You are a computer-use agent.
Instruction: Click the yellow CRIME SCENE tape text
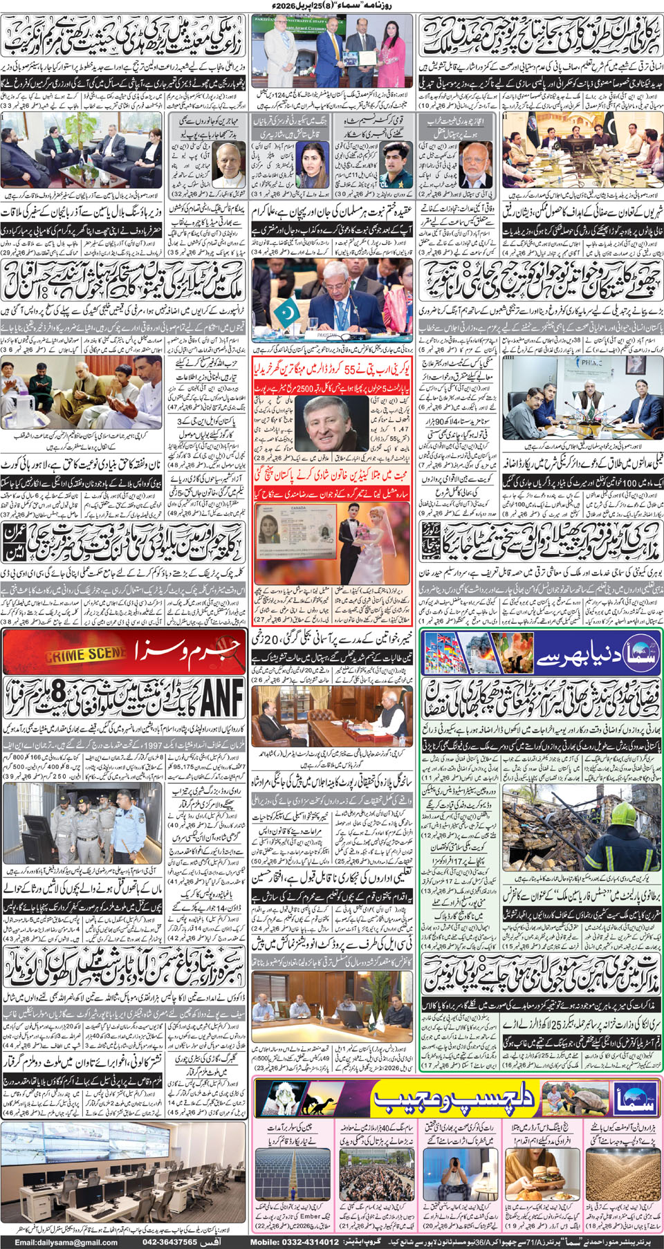(x=85, y=654)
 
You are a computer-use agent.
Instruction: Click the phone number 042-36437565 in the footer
(x=170, y=1242)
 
